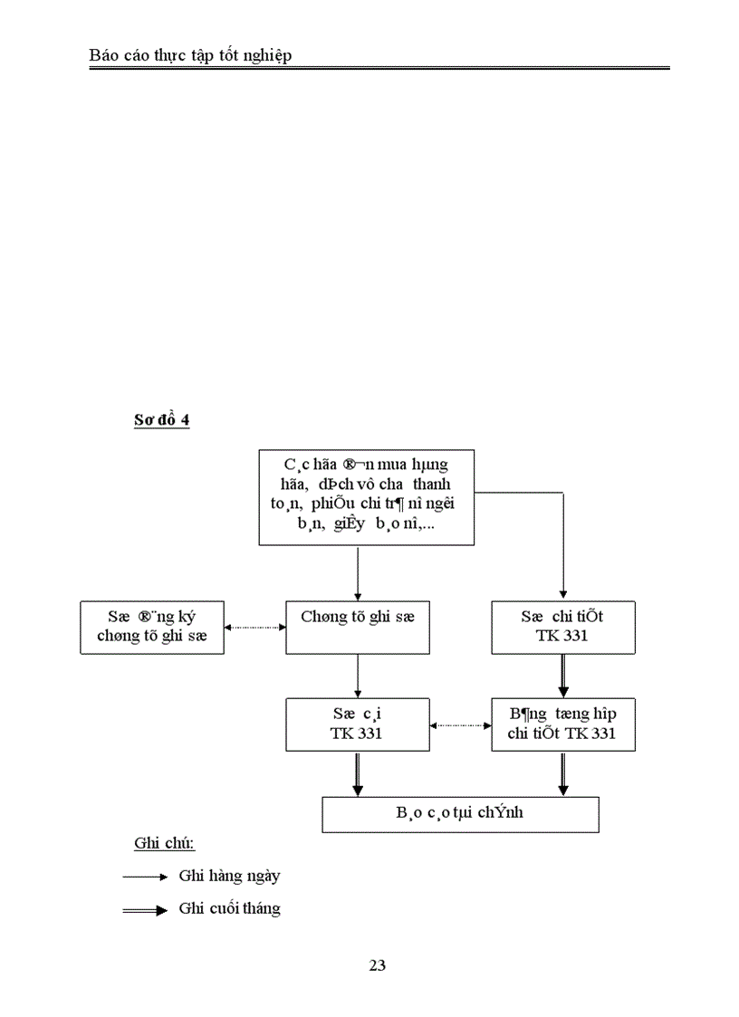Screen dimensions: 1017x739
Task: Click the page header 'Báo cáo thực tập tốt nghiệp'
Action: [x=190, y=56]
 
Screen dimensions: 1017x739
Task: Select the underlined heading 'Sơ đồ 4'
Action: [x=161, y=420]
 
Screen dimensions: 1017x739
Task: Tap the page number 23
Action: [x=378, y=965]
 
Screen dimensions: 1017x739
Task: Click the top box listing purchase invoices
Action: [x=366, y=496]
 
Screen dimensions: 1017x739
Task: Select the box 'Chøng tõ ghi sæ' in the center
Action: [x=358, y=627]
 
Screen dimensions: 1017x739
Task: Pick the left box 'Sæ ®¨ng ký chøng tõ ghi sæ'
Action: [x=152, y=627]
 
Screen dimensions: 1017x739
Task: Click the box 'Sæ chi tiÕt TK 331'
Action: [x=562, y=627]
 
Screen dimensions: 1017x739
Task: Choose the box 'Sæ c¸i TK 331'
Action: [x=358, y=724]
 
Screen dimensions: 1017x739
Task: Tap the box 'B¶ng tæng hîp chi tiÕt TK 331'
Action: [x=562, y=724]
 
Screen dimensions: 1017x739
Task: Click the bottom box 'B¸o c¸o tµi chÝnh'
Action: [x=460, y=813]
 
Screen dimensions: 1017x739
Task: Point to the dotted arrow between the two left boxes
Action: [x=254, y=627]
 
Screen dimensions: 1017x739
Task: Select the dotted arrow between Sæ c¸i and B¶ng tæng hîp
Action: [x=460, y=724]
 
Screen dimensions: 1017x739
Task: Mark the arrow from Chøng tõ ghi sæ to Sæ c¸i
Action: [x=359, y=675]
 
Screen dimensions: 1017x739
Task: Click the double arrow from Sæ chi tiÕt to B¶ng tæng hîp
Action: [x=563, y=675]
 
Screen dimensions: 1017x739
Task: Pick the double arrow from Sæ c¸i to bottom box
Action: [x=359, y=773]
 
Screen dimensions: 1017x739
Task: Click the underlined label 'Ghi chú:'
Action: [x=165, y=844]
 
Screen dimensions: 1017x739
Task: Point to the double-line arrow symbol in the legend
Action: [x=145, y=910]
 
